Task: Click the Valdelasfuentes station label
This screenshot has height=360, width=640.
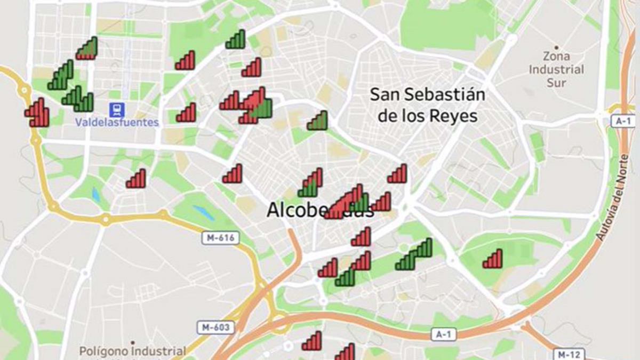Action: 117,123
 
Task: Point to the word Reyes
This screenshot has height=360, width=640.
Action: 455,116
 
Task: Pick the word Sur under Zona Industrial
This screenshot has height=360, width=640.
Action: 556,83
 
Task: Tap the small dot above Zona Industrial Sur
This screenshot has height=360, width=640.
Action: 556,47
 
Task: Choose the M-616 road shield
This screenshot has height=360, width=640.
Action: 220,238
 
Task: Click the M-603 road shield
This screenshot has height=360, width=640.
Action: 215,327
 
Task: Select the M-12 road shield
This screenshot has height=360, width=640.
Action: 569,354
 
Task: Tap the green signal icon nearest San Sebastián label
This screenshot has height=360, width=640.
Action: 317,121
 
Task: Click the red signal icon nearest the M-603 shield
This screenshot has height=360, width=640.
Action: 312,341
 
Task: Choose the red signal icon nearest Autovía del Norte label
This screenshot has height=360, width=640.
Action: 492,259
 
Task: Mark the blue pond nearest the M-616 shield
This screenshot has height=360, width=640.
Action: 203,212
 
